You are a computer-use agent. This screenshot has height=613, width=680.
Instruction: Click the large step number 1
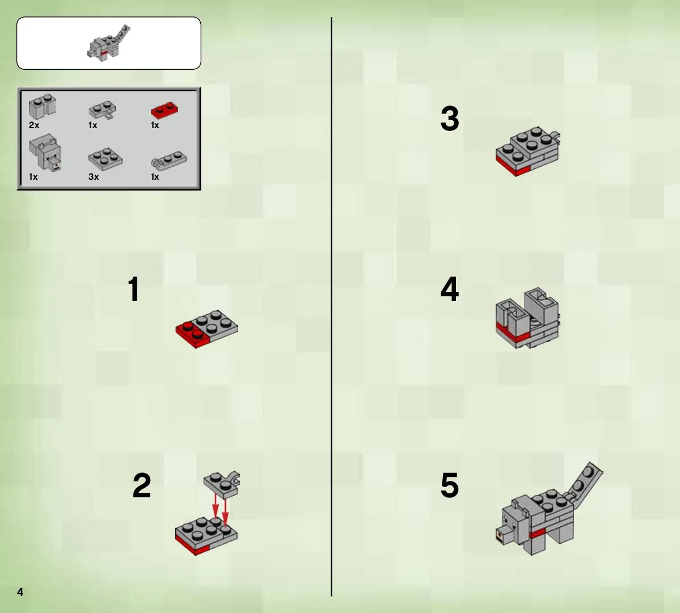pos(134,289)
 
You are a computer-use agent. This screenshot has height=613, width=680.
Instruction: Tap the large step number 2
pos(142,485)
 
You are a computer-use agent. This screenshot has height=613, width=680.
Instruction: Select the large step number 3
pos(450,119)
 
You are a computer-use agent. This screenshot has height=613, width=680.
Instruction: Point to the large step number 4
pos(450,289)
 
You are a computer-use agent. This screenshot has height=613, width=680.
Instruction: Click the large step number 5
pos(450,485)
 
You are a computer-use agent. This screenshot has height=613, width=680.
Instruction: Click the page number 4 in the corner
pos(20,592)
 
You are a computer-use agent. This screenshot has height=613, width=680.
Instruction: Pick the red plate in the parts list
pos(164,110)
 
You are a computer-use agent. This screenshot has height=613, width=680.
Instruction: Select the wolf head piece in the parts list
pos(45,153)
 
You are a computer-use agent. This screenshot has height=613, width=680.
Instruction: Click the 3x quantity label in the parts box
pos(94,177)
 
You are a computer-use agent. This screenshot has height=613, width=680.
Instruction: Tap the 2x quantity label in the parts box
pos(34,125)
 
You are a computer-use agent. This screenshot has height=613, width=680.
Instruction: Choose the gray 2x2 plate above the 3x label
pos(105,159)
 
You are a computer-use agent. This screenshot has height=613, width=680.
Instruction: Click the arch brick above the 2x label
pos(43,106)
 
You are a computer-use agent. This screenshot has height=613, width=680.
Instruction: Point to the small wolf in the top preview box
pos(108,43)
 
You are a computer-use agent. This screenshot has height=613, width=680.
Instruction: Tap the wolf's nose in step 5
pos(503,535)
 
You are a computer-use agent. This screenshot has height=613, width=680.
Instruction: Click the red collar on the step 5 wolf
pos(537,533)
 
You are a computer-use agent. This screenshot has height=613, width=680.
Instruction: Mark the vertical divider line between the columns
pos(331,306)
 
